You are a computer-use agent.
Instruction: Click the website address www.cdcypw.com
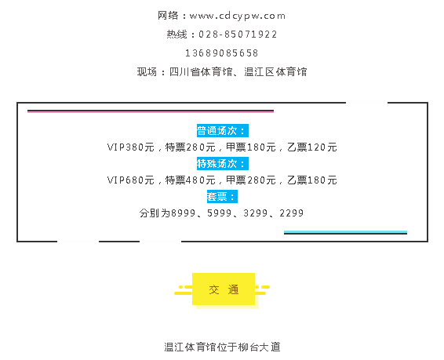(237, 16)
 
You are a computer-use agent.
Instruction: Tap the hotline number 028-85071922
(238, 35)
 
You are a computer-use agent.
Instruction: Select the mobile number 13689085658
(222, 53)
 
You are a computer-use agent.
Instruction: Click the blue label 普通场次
(223, 131)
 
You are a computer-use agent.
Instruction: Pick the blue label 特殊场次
(223, 164)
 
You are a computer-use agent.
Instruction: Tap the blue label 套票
(222, 196)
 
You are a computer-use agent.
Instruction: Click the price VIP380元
(131, 147)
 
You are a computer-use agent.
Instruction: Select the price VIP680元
(131, 180)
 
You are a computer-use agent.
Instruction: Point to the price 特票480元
(191, 180)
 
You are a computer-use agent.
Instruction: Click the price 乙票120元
(312, 147)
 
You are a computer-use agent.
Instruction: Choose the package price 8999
(184, 213)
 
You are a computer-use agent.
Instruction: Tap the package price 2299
(291, 213)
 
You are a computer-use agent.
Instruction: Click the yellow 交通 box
(224, 289)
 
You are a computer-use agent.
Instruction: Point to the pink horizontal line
(151, 112)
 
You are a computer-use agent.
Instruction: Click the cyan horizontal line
(345, 231)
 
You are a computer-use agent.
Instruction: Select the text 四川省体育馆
(201, 72)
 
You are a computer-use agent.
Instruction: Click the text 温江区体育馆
(275, 72)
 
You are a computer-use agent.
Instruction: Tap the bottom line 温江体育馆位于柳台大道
(222, 347)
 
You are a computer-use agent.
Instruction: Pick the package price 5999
(220, 213)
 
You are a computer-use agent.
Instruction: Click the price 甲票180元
(251, 147)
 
